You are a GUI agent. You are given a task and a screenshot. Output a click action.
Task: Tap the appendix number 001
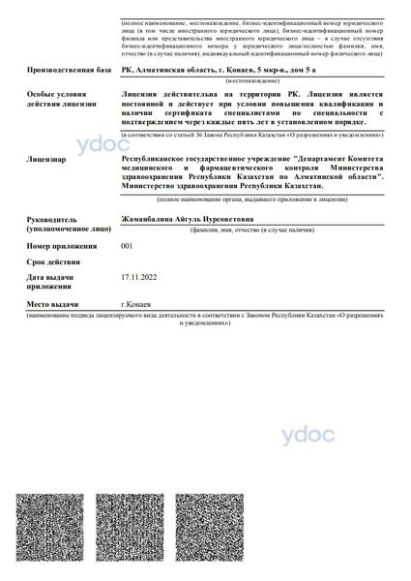[127, 246]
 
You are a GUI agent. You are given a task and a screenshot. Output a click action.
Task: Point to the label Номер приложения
[65, 247]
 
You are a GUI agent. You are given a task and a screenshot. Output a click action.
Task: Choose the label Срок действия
[54, 261]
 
